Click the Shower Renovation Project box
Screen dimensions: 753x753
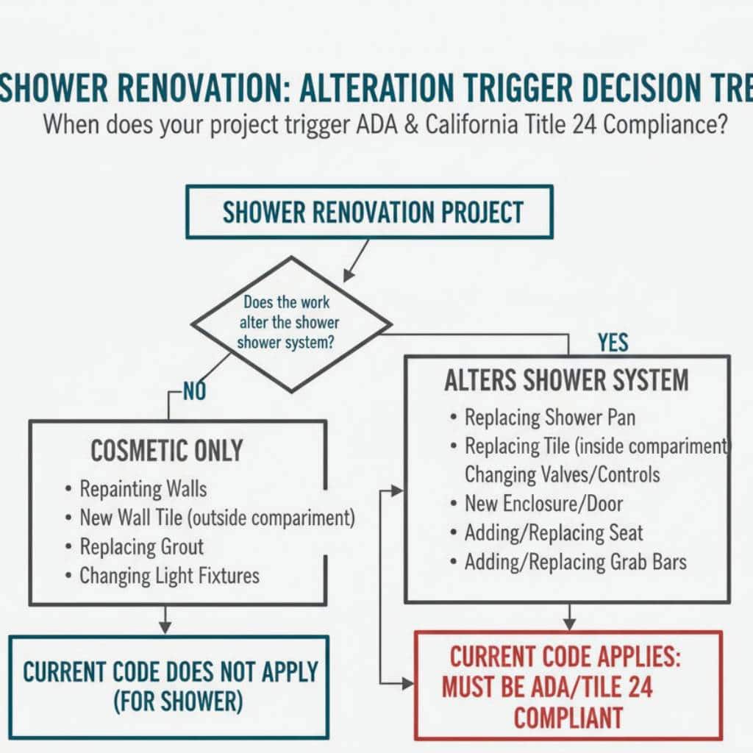(369, 212)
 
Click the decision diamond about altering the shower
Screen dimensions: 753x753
(291, 324)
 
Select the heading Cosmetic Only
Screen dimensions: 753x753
(166, 450)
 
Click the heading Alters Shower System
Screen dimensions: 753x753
(566, 381)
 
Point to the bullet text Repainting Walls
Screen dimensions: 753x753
(143, 488)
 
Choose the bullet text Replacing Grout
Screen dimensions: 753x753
(142, 546)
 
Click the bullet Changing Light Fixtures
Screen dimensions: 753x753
(169, 575)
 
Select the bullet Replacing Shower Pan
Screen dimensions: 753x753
(550, 418)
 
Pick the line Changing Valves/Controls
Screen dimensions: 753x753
(562, 474)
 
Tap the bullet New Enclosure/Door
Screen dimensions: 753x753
(543, 504)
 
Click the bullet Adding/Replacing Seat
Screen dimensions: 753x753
(554, 532)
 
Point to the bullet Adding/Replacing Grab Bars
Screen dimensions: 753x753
(575, 562)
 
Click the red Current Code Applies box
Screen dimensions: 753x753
(568, 685)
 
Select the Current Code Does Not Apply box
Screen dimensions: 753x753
(169, 685)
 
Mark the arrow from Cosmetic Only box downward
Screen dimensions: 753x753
(165, 620)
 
